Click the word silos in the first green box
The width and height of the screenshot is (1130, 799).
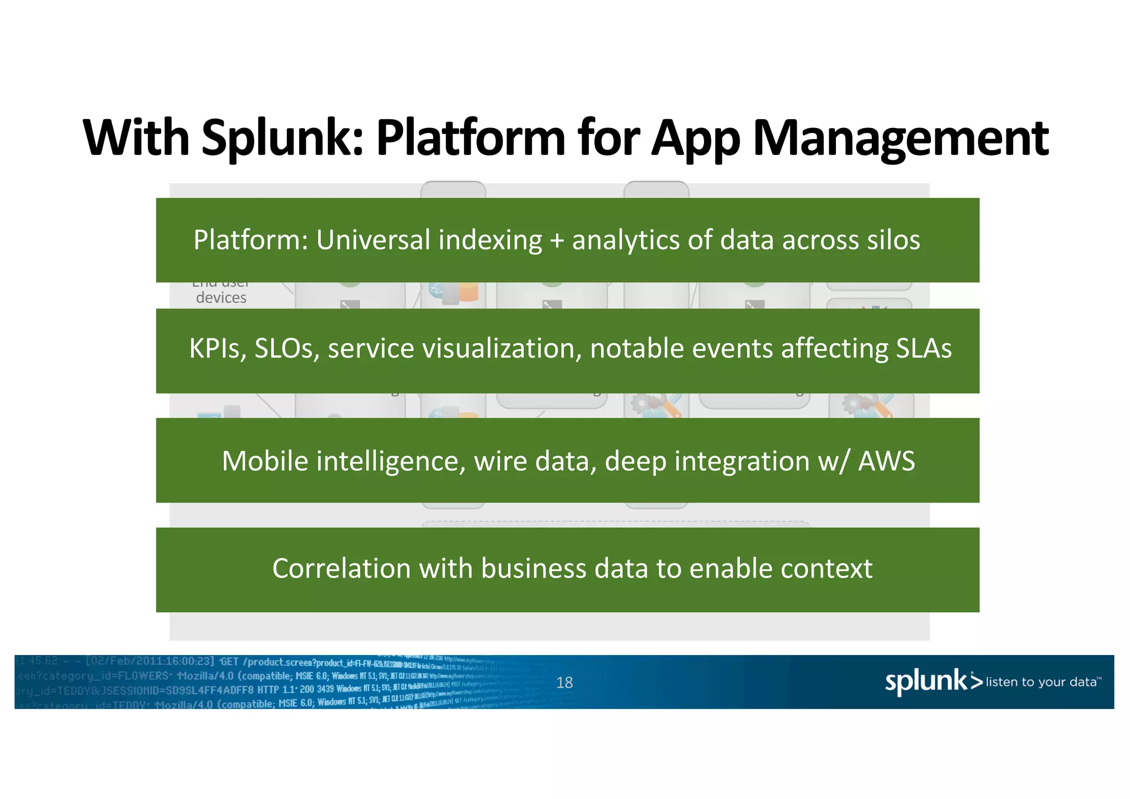tap(893, 241)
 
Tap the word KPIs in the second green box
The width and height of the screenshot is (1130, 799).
tap(217, 349)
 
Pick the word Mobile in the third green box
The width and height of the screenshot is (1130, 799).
tap(264, 461)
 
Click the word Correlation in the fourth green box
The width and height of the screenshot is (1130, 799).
tap(342, 568)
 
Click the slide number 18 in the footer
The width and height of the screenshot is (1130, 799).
tap(564, 683)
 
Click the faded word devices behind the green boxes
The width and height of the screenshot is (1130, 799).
tap(221, 298)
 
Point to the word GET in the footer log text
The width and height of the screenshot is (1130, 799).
tap(229, 662)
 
